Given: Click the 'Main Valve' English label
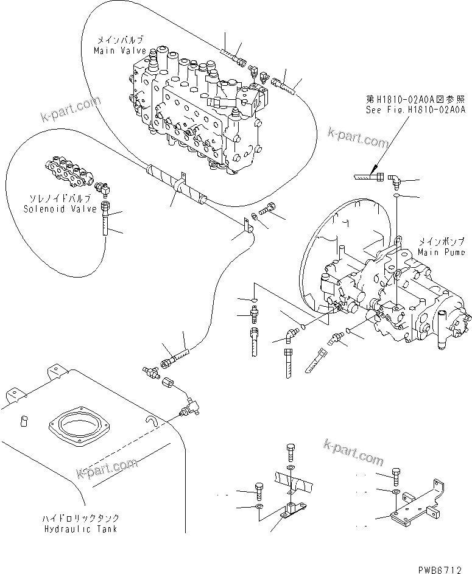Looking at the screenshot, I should (120, 52).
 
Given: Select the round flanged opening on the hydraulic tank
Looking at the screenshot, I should (78, 424).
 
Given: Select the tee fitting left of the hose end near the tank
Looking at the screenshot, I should (149, 369).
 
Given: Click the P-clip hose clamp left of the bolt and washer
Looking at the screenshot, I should (245, 228).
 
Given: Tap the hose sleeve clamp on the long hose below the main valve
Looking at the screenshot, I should (177, 183).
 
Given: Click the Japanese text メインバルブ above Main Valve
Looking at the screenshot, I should (120, 41).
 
